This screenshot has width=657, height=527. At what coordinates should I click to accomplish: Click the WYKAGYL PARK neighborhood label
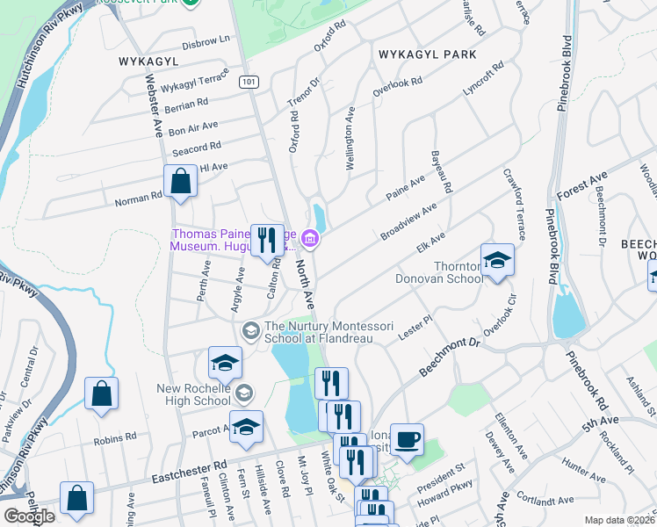click(427, 54)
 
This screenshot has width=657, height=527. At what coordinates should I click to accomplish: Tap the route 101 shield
click(249, 82)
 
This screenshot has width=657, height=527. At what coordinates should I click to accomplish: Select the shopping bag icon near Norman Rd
click(180, 183)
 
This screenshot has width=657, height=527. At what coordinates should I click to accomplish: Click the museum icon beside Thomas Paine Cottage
click(309, 238)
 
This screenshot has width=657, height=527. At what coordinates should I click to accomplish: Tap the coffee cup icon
click(408, 439)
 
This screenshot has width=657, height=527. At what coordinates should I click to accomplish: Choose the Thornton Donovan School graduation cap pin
click(497, 260)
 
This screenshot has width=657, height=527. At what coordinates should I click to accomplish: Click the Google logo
click(29, 516)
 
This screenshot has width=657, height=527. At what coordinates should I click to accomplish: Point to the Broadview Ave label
click(408, 222)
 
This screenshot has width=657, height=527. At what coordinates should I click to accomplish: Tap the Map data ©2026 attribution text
click(620, 520)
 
